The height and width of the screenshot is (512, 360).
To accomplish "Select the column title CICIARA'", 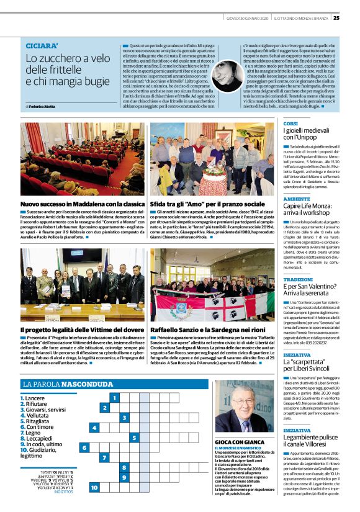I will pos(42,46).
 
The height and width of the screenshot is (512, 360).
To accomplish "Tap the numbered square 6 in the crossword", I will pos(84,447).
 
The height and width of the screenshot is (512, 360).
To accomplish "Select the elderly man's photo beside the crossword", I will pos(243,406).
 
